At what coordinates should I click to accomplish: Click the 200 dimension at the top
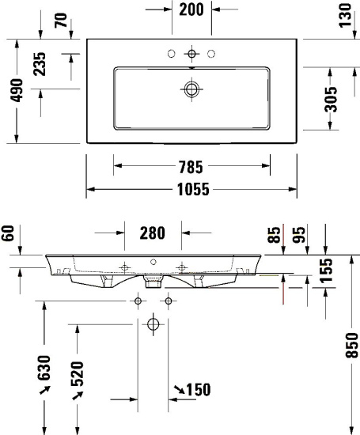pyautogui.click(x=191, y=9)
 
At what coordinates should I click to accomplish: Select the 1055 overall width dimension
pyautogui.click(x=191, y=189)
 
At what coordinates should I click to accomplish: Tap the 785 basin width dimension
pyautogui.click(x=191, y=167)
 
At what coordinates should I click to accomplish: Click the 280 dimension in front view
pyautogui.click(x=153, y=233)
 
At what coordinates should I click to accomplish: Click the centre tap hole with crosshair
pyautogui.click(x=191, y=54)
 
